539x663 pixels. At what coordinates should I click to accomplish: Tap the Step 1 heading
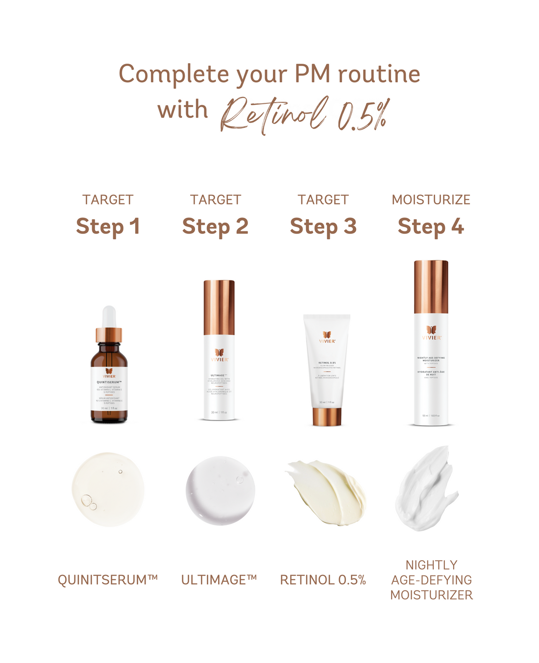click(108, 227)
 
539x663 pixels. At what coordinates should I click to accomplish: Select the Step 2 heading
click(215, 227)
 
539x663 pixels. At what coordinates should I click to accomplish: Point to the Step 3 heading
click(323, 227)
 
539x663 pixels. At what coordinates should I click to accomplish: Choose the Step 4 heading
click(431, 227)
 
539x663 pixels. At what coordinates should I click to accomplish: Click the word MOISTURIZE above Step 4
click(431, 200)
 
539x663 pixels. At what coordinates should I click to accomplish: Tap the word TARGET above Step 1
click(108, 200)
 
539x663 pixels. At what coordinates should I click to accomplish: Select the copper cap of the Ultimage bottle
click(219, 307)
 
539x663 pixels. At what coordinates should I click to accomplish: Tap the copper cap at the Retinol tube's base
click(327, 416)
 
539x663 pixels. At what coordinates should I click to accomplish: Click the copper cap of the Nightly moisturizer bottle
click(431, 287)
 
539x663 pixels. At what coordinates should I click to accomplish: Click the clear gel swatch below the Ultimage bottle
click(220, 491)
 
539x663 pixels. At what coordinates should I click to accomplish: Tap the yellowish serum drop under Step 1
click(108, 489)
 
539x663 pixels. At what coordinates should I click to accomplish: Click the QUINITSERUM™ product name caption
click(108, 580)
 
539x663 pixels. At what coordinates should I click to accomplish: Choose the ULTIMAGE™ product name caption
click(219, 580)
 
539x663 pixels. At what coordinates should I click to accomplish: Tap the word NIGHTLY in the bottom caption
click(431, 565)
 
